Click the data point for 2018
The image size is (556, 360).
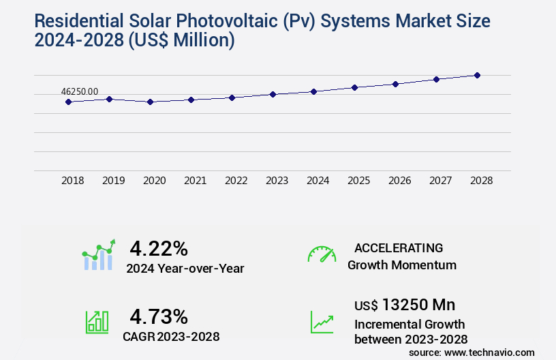68,102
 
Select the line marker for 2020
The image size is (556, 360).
150,102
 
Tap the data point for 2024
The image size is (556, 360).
313,91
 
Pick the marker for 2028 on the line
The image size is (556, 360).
477,75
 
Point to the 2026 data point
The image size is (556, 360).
395,84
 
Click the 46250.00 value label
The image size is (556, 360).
80,91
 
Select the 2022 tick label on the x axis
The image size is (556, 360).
236,181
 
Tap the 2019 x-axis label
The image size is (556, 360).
113,181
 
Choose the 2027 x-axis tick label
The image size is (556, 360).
440,181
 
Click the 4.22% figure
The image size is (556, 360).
159,248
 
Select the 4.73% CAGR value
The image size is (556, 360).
159,316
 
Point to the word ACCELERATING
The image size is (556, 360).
399,247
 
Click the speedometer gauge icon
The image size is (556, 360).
322,254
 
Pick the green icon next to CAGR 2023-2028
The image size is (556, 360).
97,322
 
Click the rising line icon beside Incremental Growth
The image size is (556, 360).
322,322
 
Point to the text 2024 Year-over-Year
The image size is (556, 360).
185,269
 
